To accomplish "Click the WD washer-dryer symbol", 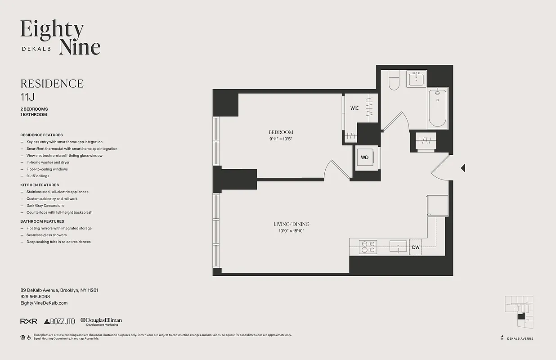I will [365, 157].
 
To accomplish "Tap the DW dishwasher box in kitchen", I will [415, 247].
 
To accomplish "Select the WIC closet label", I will [354, 108].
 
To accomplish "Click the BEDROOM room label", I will [281, 132].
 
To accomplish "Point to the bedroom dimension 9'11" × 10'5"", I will [281, 139].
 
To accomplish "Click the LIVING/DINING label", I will [291, 224].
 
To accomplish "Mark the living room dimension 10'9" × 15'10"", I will [291, 231].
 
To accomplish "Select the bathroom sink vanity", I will [417, 79].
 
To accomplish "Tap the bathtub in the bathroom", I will [437, 108].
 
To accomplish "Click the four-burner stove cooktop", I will [368, 247].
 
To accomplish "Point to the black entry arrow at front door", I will [462, 168].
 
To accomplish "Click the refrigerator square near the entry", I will [437, 205].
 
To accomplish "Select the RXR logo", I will [29, 321].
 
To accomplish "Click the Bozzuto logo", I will [59, 321].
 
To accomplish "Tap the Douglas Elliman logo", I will [101, 321].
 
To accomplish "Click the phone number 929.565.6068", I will [35, 297].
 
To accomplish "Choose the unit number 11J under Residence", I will [27, 96].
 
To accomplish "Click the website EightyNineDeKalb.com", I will [44, 303].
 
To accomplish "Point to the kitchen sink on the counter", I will [398, 247].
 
